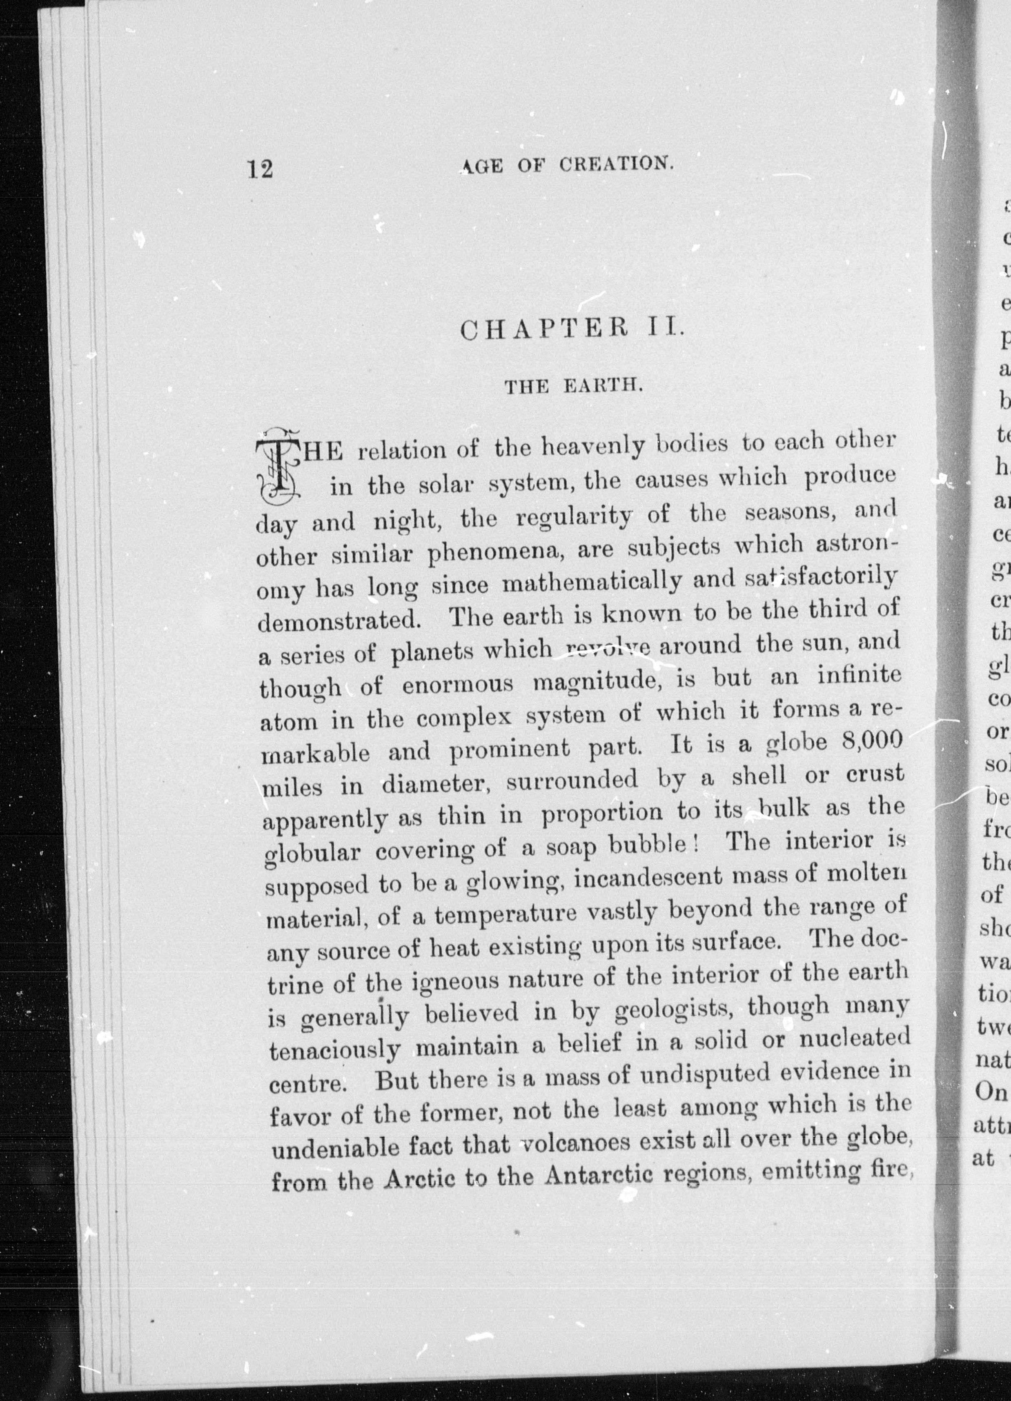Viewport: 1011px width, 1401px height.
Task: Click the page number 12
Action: pyautogui.click(x=260, y=168)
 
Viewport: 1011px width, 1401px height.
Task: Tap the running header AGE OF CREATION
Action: pyautogui.click(x=566, y=165)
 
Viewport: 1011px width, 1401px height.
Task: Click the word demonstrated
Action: pyautogui.click(x=338, y=620)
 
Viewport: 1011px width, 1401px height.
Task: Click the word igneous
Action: pyautogui.click(x=454, y=982)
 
